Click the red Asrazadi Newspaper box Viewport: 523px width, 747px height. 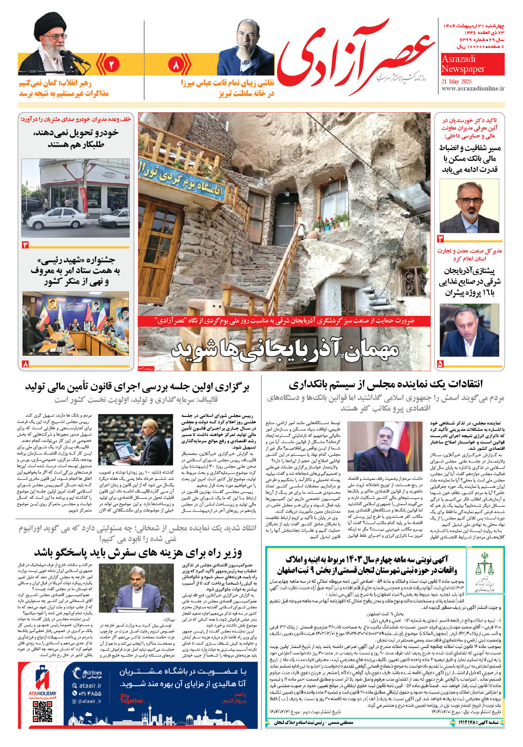click(472, 64)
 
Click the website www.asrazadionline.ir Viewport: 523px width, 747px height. click(473, 89)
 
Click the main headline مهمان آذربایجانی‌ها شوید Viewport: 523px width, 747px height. click(285, 350)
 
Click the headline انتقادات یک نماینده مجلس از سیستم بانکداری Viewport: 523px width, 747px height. click(385, 384)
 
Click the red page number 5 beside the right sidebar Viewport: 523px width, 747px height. click(441, 364)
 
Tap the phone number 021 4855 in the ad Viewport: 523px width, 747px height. click(87, 693)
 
